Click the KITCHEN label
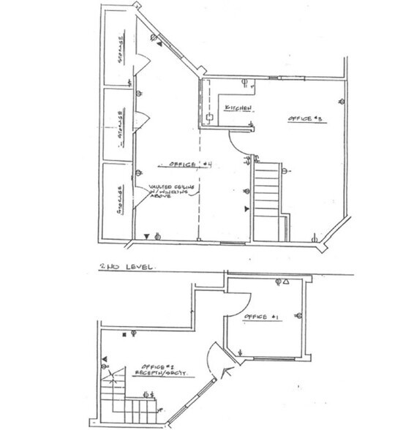238,107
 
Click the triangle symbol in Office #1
287,282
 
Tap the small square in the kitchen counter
209,115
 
